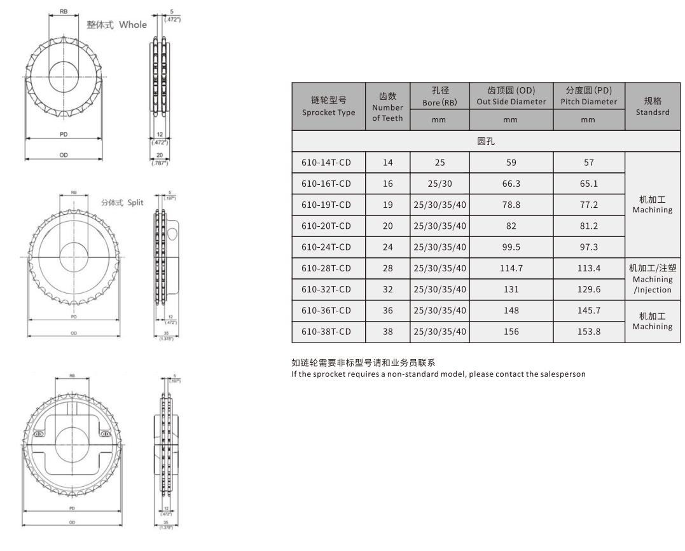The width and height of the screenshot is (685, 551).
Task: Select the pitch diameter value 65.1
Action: [x=589, y=184]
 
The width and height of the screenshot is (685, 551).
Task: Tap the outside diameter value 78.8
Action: [x=511, y=205]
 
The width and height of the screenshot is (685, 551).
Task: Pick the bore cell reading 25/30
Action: [x=439, y=184]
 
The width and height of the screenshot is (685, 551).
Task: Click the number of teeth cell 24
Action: [x=387, y=247]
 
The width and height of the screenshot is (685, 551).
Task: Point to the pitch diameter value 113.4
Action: [x=589, y=268]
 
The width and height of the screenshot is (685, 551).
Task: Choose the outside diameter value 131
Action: [x=511, y=289]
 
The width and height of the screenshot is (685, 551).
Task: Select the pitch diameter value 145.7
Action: [x=589, y=310]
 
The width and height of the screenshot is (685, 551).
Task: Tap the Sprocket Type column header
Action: [x=328, y=106]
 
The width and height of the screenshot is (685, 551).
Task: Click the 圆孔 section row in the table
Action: [x=486, y=141]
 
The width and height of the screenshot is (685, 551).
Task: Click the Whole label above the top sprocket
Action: [x=132, y=25]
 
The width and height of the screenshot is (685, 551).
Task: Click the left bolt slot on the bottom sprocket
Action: [x=38, y=433]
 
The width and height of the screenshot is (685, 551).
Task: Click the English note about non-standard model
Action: [x=438, y=374]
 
